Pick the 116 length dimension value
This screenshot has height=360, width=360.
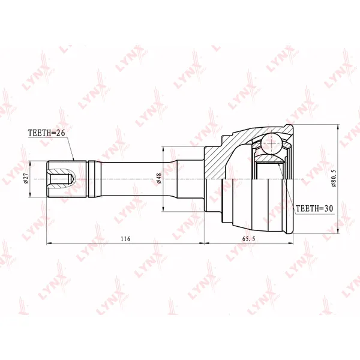coord(125,239)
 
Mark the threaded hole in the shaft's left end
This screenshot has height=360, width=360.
coord(62,179)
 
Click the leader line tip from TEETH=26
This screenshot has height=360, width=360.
coord(74,161)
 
